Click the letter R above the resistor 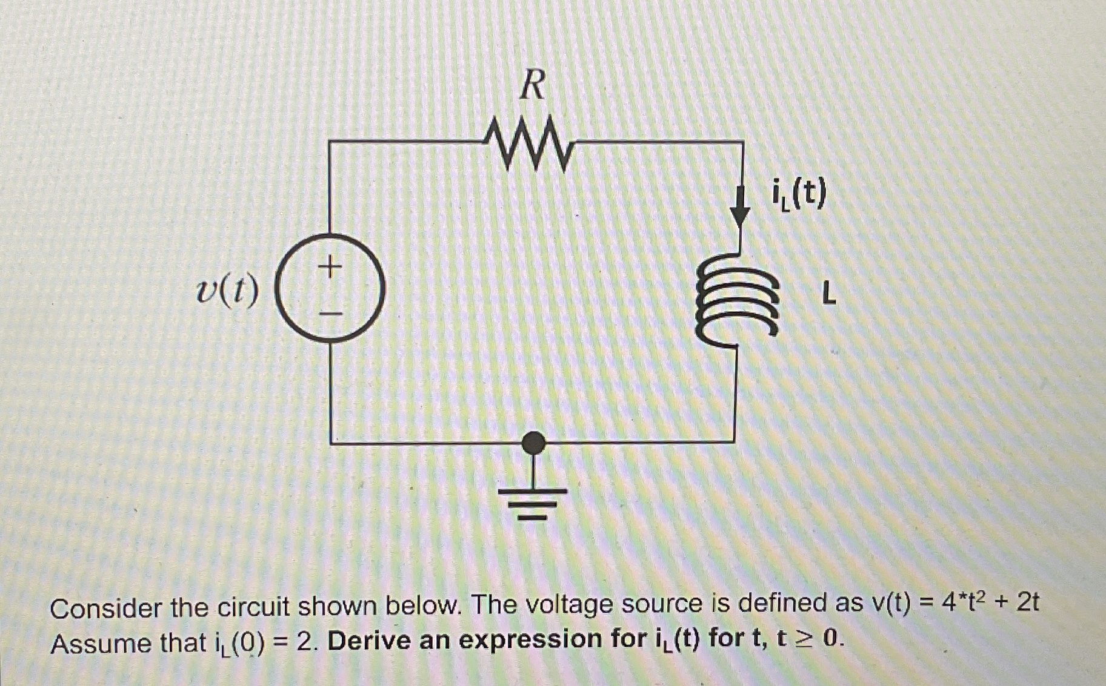pyautogui.click(x=533, y=85)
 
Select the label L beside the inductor pyautogui.click(x=828, y=295)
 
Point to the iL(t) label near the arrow pyautogui.click(x=798, y=195)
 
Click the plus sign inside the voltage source pyautogui.click(x=330, y=266)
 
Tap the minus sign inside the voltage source pyautogui.click(x=331, y=314)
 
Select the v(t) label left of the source pyautogui.click(x=227, y=292)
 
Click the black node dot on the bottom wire pyautogui.click(x=533, y=443)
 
